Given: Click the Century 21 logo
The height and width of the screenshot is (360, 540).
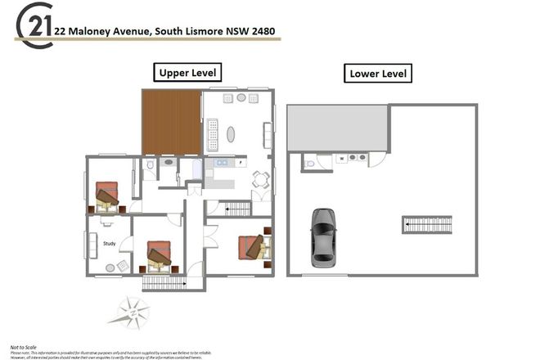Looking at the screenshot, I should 34,25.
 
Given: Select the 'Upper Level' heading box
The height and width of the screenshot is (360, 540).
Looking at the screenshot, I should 187,73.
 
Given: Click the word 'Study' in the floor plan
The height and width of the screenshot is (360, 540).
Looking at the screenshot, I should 110,243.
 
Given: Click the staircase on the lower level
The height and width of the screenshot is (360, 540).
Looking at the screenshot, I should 427,223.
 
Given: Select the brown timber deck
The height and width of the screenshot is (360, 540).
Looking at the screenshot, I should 172,122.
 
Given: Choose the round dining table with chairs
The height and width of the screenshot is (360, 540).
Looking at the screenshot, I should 260,180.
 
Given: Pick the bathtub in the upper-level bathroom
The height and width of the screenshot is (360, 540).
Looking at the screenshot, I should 196,169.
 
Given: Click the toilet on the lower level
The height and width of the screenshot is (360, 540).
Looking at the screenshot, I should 310,164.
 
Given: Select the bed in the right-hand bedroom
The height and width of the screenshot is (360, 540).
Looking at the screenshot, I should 253,246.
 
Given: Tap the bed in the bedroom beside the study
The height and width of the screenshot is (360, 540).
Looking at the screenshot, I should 159,255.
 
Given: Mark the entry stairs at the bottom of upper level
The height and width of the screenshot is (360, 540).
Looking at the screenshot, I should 164,283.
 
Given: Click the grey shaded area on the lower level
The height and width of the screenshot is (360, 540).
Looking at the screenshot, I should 337,128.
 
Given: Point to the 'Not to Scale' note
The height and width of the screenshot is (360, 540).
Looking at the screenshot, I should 24,348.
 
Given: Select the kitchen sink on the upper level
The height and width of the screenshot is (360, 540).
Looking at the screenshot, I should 220,163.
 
